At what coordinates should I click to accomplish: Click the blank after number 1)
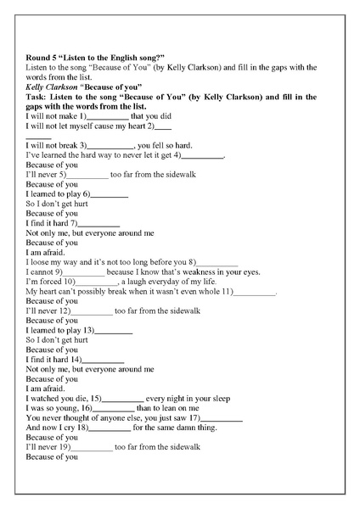pos(109,116)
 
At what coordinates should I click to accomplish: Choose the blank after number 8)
pos(218,263)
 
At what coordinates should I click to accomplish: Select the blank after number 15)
pos(123,398)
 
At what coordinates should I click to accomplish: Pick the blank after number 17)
pos(222,418)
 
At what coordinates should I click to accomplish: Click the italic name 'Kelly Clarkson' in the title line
pos(50,87)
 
